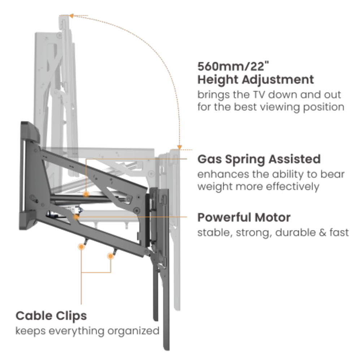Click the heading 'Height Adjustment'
(256, 80)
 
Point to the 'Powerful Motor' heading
(244, 218)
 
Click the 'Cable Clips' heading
(51, 316)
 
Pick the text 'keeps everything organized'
(87, 331)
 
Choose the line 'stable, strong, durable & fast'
(273, 233)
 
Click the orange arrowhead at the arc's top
(72, 16)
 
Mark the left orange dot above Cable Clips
(82, 247)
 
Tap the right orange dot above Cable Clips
(110, 256)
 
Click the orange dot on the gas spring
(86, 193)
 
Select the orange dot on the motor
(76, 217)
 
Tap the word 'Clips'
(71, 316)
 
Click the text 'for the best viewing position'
(270, 107)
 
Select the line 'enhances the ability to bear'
(270, 174)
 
